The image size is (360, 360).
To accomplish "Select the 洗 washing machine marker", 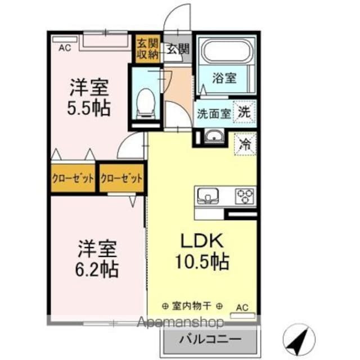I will tap(245, 111).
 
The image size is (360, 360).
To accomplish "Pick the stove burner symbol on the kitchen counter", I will tap(245, 195).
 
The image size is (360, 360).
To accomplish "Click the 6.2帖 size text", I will tap(97, 269).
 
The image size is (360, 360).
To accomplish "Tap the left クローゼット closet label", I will tap(73, 179).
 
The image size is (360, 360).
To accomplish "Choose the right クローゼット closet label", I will tap(121, 179).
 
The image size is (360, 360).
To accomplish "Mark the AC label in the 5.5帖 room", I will tap(65, 48).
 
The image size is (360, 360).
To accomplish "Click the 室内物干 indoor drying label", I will tap(191, 307).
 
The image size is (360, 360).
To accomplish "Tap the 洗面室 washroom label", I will tap(213, 112).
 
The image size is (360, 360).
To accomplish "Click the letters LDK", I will tap(202, 241).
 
